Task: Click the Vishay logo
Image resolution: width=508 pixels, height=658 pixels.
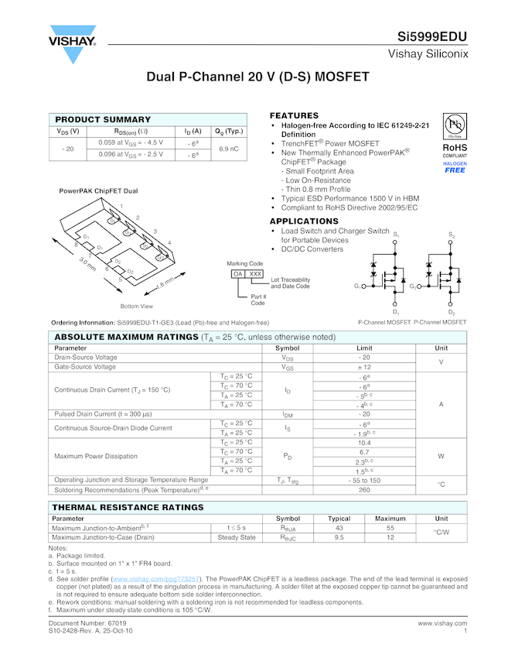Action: coord(72,46)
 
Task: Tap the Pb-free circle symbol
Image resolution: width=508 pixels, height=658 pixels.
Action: coord(455,125)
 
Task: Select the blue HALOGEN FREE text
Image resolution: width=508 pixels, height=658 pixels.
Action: coord(455,167)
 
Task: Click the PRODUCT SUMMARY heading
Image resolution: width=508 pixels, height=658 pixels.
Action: coord(103,119)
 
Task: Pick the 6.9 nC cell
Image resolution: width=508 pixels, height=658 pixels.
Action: coord(229,149)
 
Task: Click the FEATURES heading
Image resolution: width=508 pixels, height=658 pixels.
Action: coord(294,115)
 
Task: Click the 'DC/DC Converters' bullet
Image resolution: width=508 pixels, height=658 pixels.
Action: coord(312,249)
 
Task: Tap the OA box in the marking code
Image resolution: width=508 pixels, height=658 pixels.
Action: coord(238,274)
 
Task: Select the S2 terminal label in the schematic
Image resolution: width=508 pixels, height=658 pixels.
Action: coord(452,234)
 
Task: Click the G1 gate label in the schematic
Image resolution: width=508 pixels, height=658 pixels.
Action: coord(357,286)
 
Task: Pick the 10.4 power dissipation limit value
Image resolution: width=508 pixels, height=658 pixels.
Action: coord(364,442)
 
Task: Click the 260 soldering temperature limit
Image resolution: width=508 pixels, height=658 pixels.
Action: coord(364,489)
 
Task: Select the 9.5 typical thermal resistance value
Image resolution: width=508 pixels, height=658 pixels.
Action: coord(339,536)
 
